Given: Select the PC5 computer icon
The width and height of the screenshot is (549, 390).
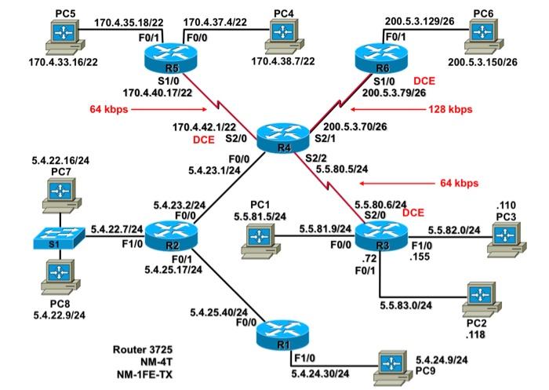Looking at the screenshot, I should [x=60, y=33].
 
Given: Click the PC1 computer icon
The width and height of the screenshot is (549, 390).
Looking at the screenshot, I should [x=256, y=236].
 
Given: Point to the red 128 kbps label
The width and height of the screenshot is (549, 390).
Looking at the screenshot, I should [x=451, y=109].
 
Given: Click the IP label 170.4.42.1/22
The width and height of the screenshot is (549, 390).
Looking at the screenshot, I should [x=204, y=126].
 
